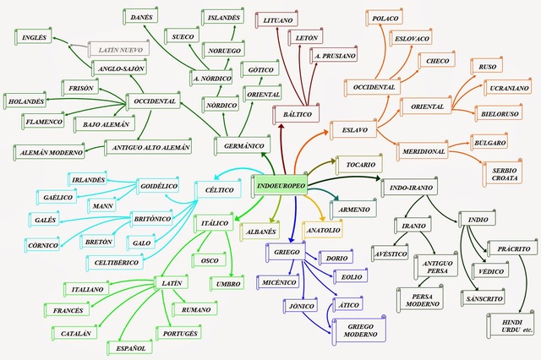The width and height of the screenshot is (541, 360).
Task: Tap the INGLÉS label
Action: coord(34,37)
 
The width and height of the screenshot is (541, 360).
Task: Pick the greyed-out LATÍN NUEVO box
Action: coord(118,49)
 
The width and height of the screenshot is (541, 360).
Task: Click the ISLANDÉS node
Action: coord(226,16)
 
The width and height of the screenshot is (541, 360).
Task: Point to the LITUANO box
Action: coord(278,19)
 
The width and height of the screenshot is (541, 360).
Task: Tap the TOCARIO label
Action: coord(361,164)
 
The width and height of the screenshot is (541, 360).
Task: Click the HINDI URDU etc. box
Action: coord(510,324)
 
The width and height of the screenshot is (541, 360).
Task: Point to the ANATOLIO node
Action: coord(323,229)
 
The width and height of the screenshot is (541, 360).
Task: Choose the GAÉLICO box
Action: coord(57,196)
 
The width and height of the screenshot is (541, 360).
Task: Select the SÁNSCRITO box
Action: coord(484,298)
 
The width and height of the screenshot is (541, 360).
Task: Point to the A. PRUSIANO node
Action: coord(333,55)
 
